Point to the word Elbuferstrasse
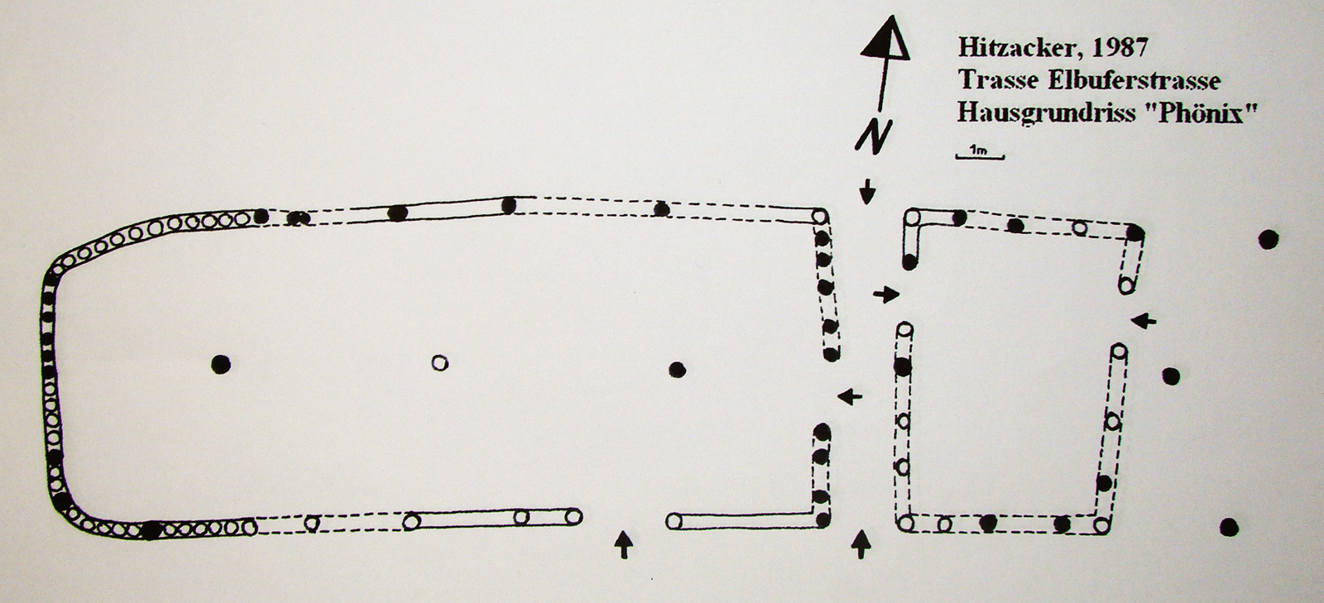pos(1135,80)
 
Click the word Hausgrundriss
pos(1046,112)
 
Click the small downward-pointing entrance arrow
pos(867,191)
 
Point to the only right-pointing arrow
pos(886,294)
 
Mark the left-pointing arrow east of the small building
pos(1144,321)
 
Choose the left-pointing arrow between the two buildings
pos(850,396)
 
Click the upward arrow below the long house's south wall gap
pos(623,544)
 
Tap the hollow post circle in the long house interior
pos(439,362)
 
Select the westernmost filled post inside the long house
pos(221,365)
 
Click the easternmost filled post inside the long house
pos(678,371)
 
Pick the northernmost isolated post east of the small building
pos(1269,239)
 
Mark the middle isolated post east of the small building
pos(1171,376)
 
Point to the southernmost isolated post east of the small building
pos(1229,527)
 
